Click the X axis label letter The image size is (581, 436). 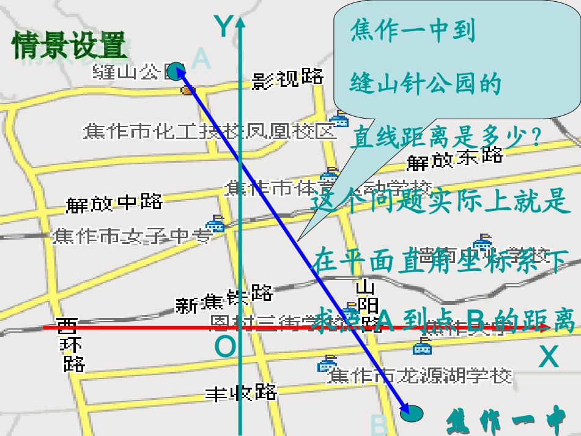549,357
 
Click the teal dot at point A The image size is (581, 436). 176,70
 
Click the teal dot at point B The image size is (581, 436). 412,414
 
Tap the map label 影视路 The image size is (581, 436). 287,78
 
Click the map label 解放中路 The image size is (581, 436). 114,202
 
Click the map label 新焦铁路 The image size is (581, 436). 224,299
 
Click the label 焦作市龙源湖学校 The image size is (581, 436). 420,375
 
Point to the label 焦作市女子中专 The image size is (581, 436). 131,235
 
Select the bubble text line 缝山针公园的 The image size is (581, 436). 425,84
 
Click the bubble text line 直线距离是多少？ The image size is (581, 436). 446,138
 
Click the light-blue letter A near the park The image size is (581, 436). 201,59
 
